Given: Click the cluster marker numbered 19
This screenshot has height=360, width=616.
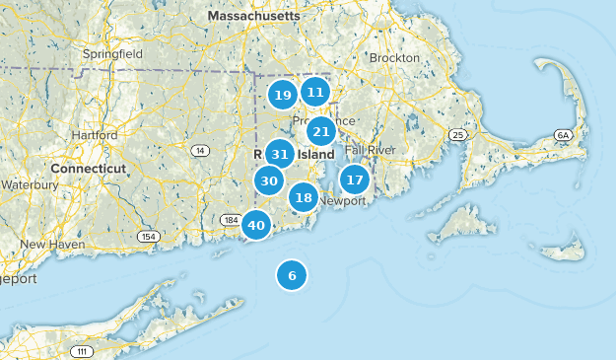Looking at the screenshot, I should [283, 95].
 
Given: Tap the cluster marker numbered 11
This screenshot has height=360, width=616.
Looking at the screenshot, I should [314, 92].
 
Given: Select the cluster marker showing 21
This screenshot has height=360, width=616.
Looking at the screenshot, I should [320, 131].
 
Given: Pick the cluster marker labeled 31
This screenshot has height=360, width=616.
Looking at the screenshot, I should [280, 154].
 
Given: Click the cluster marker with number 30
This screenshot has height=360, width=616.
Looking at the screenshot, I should [269, 180].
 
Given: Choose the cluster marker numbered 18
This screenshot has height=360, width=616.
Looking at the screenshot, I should [304, 197].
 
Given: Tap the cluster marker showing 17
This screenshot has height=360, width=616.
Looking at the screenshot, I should [355, 180].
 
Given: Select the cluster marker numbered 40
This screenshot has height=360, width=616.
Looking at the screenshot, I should [256, 225].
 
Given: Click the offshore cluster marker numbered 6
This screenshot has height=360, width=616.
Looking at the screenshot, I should [292, 275].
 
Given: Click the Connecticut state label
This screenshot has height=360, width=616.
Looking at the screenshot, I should [89, 169].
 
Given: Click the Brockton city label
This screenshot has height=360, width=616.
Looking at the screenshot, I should [394, 58].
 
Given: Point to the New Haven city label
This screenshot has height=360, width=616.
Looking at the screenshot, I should [47, 244].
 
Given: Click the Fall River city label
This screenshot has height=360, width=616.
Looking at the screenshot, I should [369, 149].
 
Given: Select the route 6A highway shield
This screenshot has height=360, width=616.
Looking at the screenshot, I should [563, 134].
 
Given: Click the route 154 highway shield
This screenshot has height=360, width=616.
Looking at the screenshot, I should [148, 236].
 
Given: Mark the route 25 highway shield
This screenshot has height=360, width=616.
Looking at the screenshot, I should [456, 133].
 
